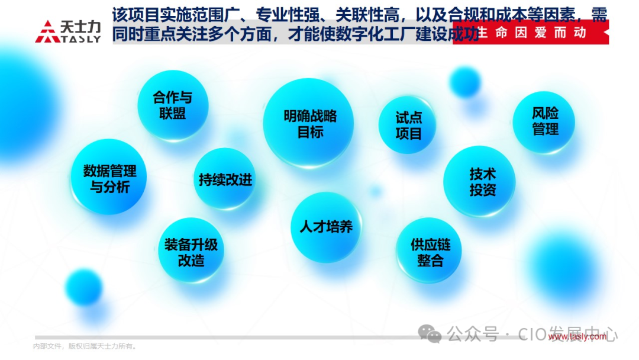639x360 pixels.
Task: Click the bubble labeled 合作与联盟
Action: tap(173, 105)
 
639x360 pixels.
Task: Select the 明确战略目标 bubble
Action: tap(308, 123)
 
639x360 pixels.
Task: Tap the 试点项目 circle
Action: tap(408, 126)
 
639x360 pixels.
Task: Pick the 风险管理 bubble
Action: tap(544, 121)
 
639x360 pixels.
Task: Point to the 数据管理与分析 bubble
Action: tap(109, 178)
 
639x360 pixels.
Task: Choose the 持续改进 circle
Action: tap(225, 179)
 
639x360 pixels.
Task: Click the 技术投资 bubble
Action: tap(479, 182)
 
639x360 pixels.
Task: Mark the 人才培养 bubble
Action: tap(326, 226)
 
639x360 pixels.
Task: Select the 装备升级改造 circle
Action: tap(191, 251)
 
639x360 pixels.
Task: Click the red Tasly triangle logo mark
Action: tap(47, 33)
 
